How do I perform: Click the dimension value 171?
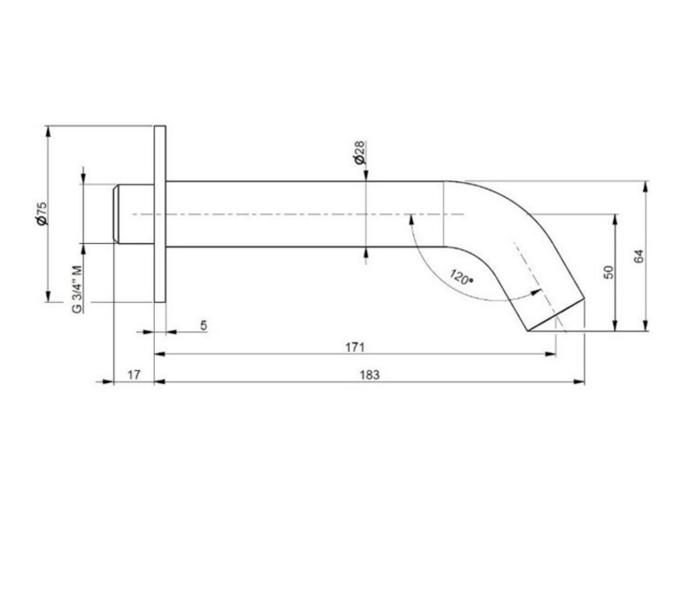click(x=354, y=346)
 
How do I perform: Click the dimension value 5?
click(x=204, y=324)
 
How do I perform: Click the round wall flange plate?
click(x=159, y=214)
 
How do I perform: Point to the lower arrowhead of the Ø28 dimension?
click(x=366, y=253)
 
